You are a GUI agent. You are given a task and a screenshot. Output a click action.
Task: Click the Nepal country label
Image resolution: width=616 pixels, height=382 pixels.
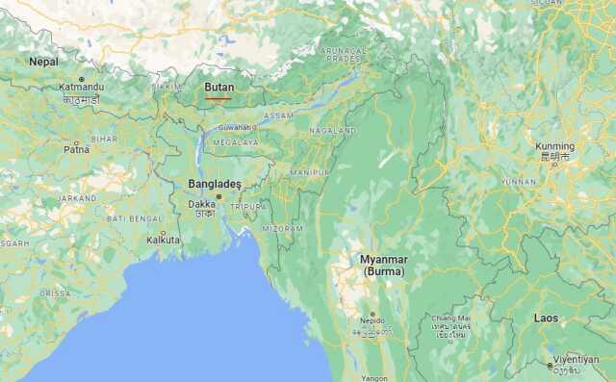click(43, 62)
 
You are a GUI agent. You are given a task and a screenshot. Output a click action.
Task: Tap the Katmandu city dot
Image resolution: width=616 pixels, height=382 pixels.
click(81, 79)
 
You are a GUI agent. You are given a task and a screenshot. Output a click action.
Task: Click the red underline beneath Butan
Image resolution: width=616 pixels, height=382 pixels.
click(218, 96)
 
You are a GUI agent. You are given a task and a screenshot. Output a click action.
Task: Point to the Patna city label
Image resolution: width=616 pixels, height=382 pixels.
click(76, 149)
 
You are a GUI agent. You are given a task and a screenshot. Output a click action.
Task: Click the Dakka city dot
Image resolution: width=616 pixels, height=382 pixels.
click(218, 196)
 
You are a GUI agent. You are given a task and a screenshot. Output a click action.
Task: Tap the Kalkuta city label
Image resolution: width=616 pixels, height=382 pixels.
click(163, 241)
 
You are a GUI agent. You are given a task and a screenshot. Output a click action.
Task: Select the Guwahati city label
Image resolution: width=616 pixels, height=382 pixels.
click(235, 126)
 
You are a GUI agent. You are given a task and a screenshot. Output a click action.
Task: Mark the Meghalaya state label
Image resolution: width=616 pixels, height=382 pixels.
click(235, 142)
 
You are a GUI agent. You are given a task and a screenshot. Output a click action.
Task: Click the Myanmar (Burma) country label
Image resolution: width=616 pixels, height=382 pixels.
click(384, 266)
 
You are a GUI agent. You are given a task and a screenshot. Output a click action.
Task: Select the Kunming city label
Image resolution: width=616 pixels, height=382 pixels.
click(554, 147)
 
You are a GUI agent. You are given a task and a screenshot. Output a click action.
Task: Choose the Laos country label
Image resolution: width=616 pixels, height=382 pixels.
click(547, 318)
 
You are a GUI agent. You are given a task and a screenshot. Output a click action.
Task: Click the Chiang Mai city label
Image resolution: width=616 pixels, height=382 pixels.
click(450, 318)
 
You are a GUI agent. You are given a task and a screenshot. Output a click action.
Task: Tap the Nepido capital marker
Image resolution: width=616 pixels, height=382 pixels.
click(372, 314)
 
